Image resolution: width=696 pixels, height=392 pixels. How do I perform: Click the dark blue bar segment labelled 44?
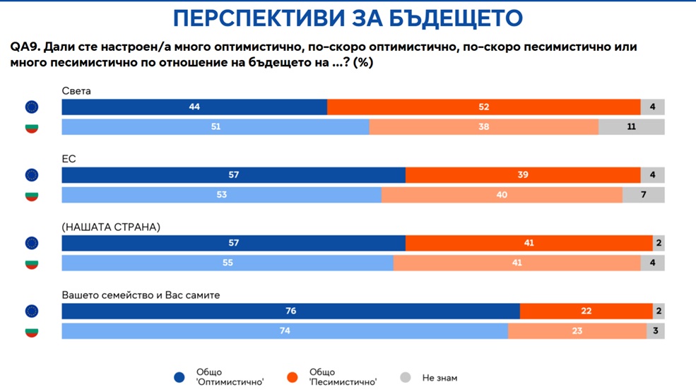tap(194, 107)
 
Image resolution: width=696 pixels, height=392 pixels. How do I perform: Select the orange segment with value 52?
tap(484, 107)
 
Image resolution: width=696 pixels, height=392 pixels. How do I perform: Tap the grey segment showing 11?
tap(631, 127)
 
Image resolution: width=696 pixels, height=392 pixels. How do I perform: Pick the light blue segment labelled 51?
tap(216, 127)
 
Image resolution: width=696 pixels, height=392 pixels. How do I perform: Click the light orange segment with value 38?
tap(484, 127)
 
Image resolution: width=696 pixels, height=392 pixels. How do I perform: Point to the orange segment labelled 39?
tap(523, 175)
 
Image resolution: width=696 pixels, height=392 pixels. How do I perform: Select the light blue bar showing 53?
tap(221, 195)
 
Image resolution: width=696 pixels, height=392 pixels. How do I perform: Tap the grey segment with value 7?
tap(643, 195)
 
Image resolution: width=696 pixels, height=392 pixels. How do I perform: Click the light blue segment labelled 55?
tap(228, 263)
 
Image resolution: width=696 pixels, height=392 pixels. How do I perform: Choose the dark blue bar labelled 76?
tap(290, 311)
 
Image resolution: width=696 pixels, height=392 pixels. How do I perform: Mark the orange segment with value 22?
tap(586, 311)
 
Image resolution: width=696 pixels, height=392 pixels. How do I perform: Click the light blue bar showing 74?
tap(285, 331)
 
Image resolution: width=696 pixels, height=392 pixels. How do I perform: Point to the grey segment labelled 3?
tap(655, 331)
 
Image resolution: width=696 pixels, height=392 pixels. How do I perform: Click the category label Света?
tap(76, 91)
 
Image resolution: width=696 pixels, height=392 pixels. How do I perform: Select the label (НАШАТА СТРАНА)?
tap(111, 227)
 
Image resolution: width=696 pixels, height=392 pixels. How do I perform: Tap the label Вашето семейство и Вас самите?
tap(141, 295)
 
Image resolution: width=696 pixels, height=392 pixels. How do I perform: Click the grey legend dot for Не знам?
tap(406, 378)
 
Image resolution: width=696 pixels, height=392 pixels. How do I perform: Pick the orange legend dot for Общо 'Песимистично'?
tap(293, 378)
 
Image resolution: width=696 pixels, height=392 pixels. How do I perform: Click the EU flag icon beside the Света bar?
tap(32, 107)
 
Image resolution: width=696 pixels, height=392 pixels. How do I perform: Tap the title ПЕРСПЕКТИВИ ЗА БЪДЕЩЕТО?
tap(348, 18)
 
